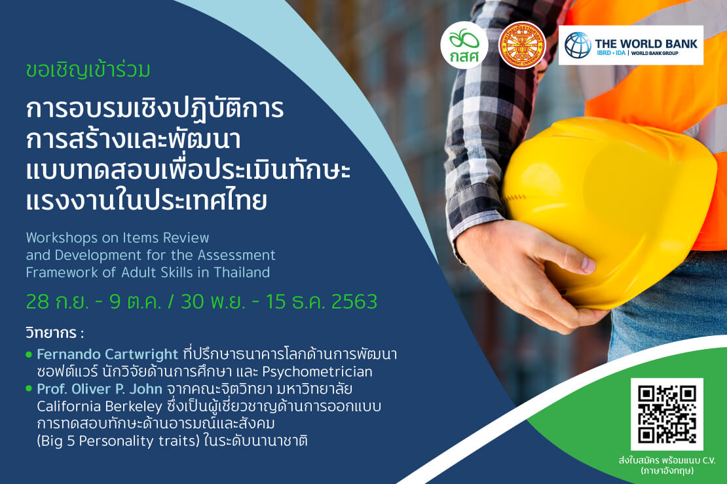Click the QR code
tap(667, 414)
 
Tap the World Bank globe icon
tap(578, 45)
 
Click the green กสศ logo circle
tap(464, 45)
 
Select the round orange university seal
tap(522, 45)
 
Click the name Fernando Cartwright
tap(107, 354)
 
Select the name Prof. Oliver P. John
tap(99, 388)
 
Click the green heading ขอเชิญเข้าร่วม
tap(88, 71)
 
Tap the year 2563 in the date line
tap(354, 302)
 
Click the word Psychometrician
tap(317, 372)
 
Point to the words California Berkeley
tap(99, 407)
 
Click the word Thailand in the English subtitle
tap(242, 272)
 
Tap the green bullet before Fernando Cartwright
tap(29, 355)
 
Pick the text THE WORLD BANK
tap(646, 44)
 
